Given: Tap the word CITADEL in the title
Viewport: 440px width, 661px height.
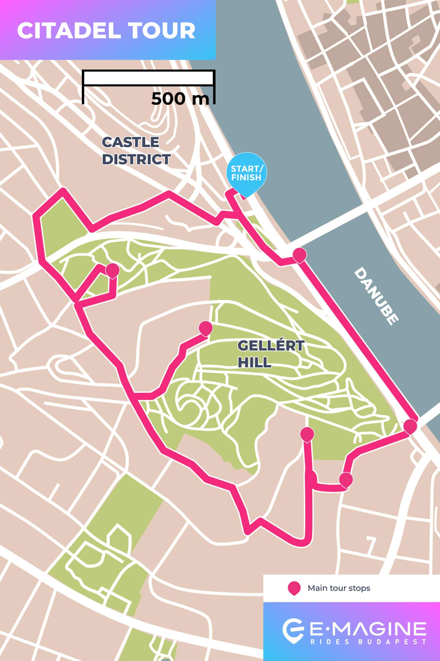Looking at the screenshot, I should click(68, 31).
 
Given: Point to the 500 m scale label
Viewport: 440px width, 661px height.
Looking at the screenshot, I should click(180, 99).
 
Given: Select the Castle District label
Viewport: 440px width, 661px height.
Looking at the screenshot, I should click(136, 151).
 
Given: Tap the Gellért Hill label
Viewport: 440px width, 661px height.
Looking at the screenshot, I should click(270, 354).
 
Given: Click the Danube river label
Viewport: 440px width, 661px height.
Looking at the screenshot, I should click(377, 296).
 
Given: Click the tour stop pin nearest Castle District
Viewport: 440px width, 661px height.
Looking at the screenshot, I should click(112, 271).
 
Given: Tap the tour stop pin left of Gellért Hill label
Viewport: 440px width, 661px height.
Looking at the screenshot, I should click(206, 328).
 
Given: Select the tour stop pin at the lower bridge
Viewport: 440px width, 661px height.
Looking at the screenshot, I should click(410, 427).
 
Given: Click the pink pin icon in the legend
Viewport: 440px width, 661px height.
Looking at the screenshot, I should click(294, 588).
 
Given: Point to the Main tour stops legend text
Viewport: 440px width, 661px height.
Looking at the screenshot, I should click(339, 588).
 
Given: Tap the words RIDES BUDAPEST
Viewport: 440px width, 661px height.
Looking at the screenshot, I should click(368, 642).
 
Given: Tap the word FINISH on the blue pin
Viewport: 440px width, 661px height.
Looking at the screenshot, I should click(246, 178).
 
